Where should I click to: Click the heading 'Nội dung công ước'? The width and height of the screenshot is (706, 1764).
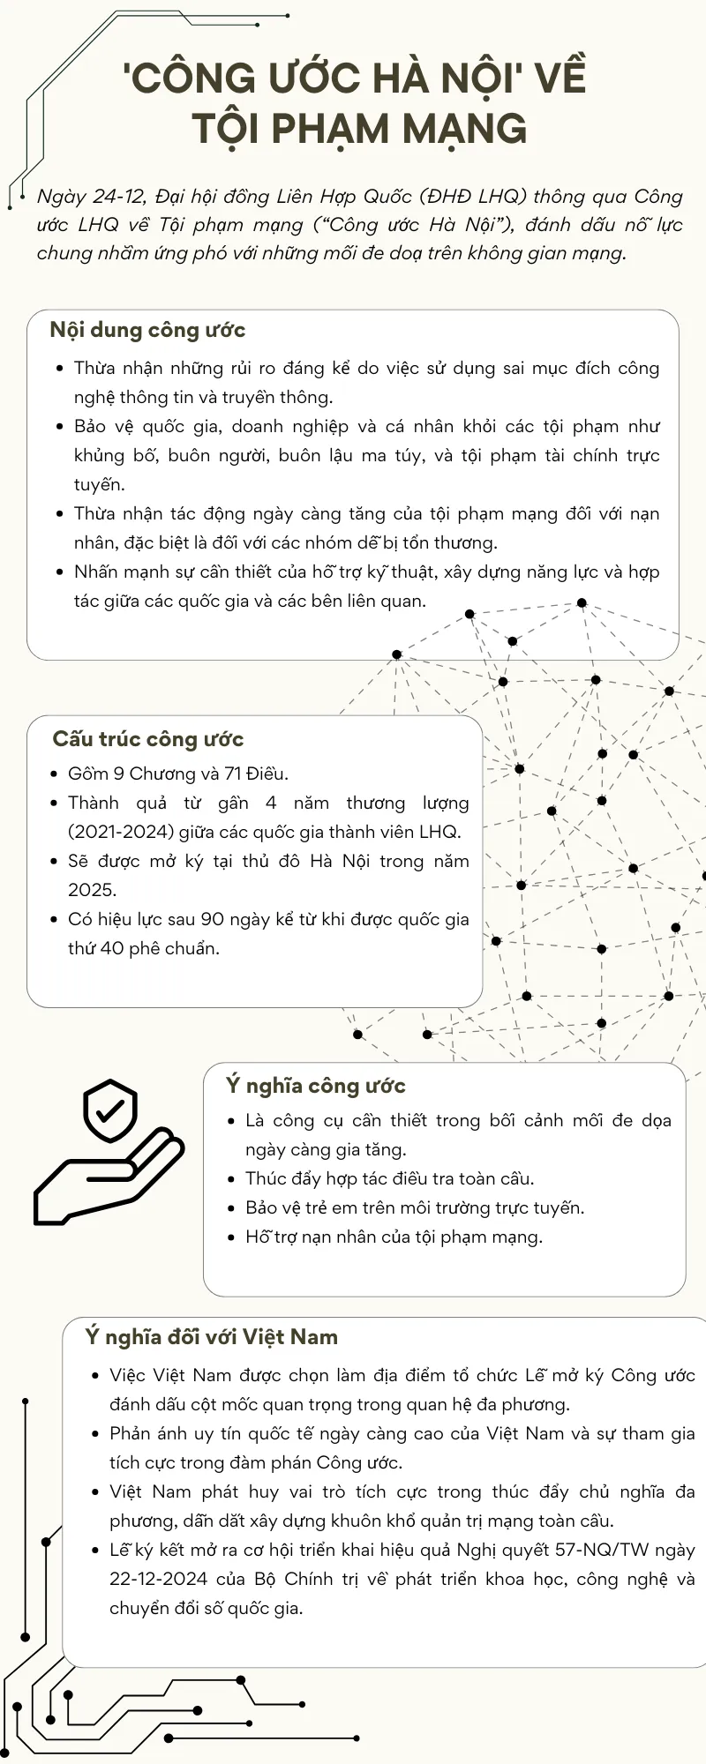point(147,331)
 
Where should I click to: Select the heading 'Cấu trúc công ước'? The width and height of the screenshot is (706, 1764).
point(147,739)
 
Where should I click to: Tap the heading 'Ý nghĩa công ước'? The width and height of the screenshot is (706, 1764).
point(315,1086)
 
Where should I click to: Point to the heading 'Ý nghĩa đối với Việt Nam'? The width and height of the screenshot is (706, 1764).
point(211,1337)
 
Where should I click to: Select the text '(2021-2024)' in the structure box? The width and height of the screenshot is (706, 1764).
point(121,832)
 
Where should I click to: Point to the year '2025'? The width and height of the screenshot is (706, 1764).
point(92,890)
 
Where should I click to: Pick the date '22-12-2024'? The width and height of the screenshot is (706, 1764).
point(158,1579)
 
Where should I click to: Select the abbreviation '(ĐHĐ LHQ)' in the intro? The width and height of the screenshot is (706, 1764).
point(473,197)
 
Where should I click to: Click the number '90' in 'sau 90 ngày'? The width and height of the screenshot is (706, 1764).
point(213,919)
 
